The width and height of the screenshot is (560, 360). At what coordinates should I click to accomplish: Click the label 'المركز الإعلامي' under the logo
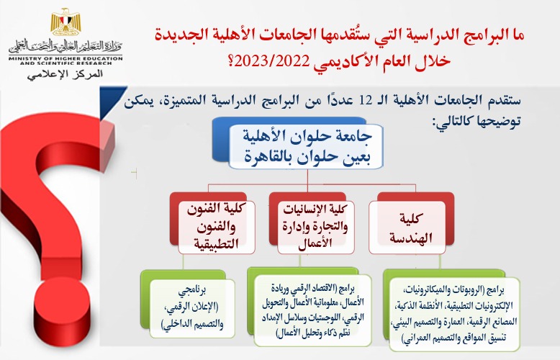click(63, 74)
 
